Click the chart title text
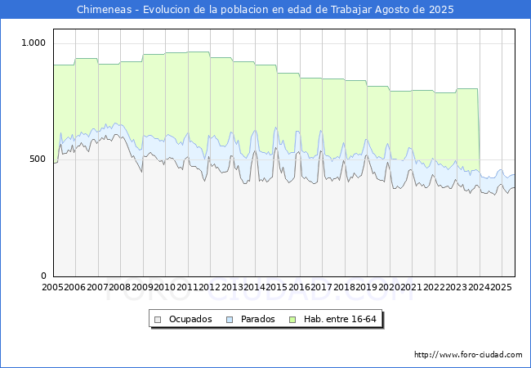pyautogui.click(x=265, y=10)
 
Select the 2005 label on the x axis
pyautogui.click(x=53, y=287)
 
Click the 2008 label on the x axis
pyautogui.click(x=120, y=287)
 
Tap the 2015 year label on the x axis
pyautogui.click(x=277, y=287)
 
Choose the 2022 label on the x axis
pyautogui.click(x=434, y=287)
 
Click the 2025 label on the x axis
pyautogui.click(x=501, y=287)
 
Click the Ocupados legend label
pyautogui.click(x=190, y=319)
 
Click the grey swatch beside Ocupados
pyautogui.click(x=158, y=319)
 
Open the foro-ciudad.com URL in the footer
pyautogui.click(x=468, y=355)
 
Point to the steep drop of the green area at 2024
pyautogui.click(x=479, y=131)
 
